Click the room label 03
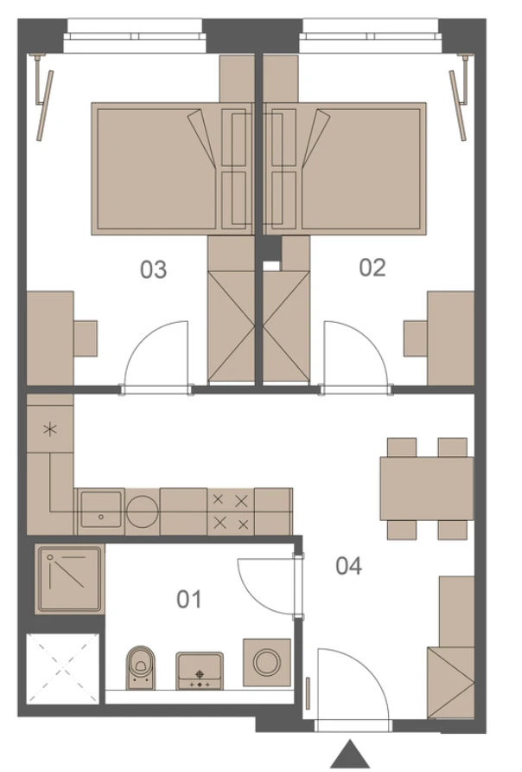tap(153, 270)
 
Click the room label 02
tap(372, 267)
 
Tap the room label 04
tap(348, 566)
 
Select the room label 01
tap(189, 600)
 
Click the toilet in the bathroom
tap(141, 667)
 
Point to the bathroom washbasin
tap(200, 671)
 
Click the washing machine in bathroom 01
tap(267, 662)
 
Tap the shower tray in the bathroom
tap(70, 578)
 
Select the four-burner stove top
tap(231, 512)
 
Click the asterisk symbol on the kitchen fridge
tap(49, 429)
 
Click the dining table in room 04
tap(427, 488)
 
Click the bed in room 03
tap(172, 169)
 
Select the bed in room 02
tap(345, 169)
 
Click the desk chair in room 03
tap(86, 338)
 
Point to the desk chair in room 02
tap(416, 338)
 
